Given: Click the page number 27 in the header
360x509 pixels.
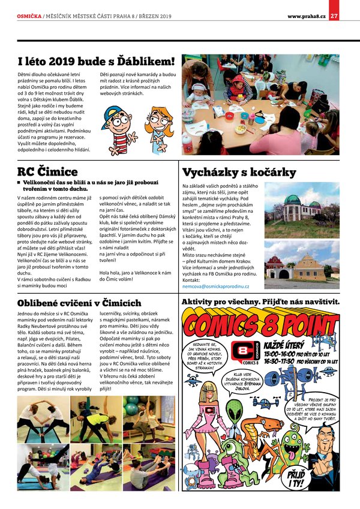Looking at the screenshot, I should click(334, 15).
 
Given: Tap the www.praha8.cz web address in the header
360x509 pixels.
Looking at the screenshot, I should click(306, 15).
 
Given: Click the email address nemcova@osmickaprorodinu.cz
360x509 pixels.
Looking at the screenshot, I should click(216, 287).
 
